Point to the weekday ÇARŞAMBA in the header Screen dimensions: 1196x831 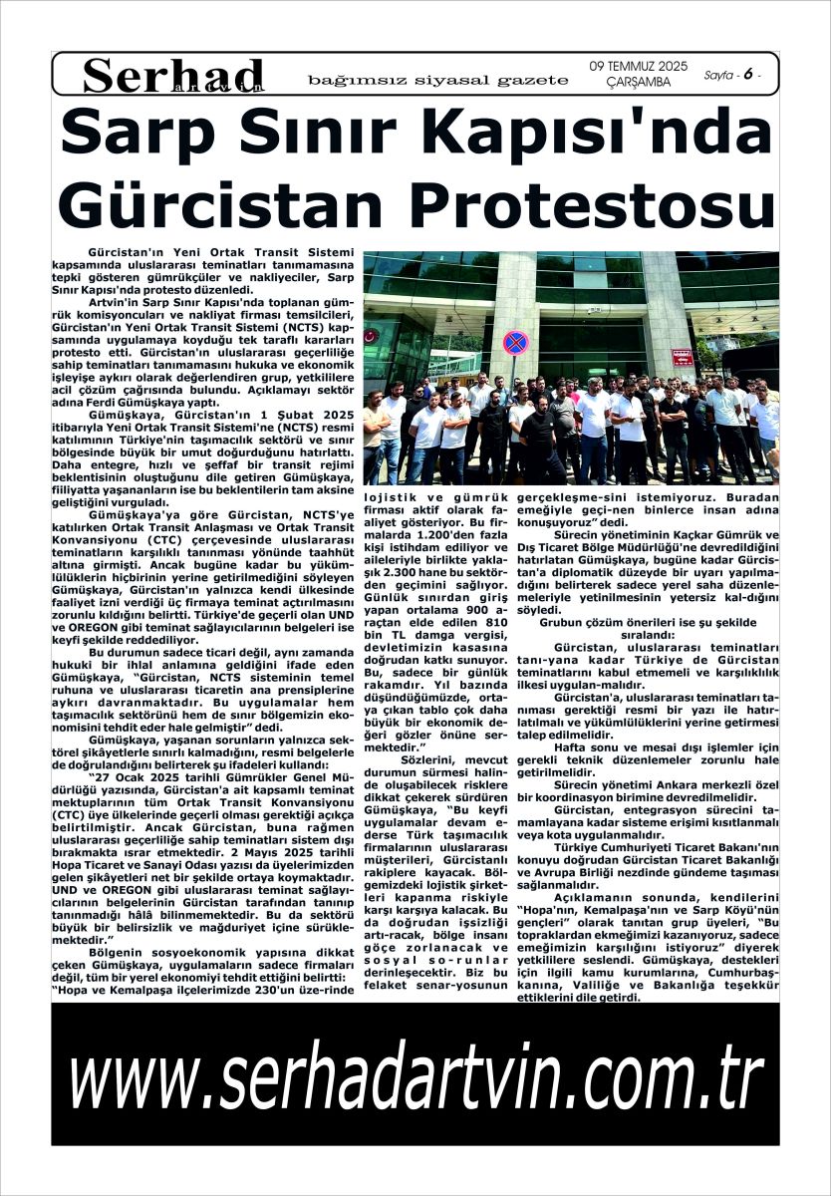point(638,83)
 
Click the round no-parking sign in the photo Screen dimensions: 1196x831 point(515,342)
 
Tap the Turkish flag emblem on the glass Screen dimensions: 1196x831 point(372,336)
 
